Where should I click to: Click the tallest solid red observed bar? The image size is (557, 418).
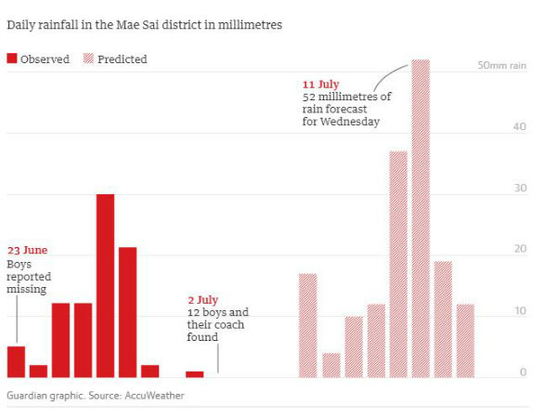click(105, 285)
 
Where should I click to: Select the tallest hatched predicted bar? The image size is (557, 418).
click(421, 218)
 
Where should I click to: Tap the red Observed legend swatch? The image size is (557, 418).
click(12, 59)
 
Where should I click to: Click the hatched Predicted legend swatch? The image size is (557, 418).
click(90, 59)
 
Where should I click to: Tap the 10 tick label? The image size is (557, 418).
click(520, 311)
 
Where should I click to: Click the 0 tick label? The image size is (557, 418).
click(524, 372)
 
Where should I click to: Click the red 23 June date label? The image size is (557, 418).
click(28, 251)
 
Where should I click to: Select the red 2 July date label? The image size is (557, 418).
click(202, 300)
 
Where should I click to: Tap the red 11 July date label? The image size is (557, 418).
click(320, 85)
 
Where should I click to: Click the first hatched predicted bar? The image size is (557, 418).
click(307, 325)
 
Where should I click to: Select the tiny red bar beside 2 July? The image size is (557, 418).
click(194, 374)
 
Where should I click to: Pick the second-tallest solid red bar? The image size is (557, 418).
click(127, 312)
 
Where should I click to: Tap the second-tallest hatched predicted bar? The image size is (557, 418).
click(398, 264)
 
